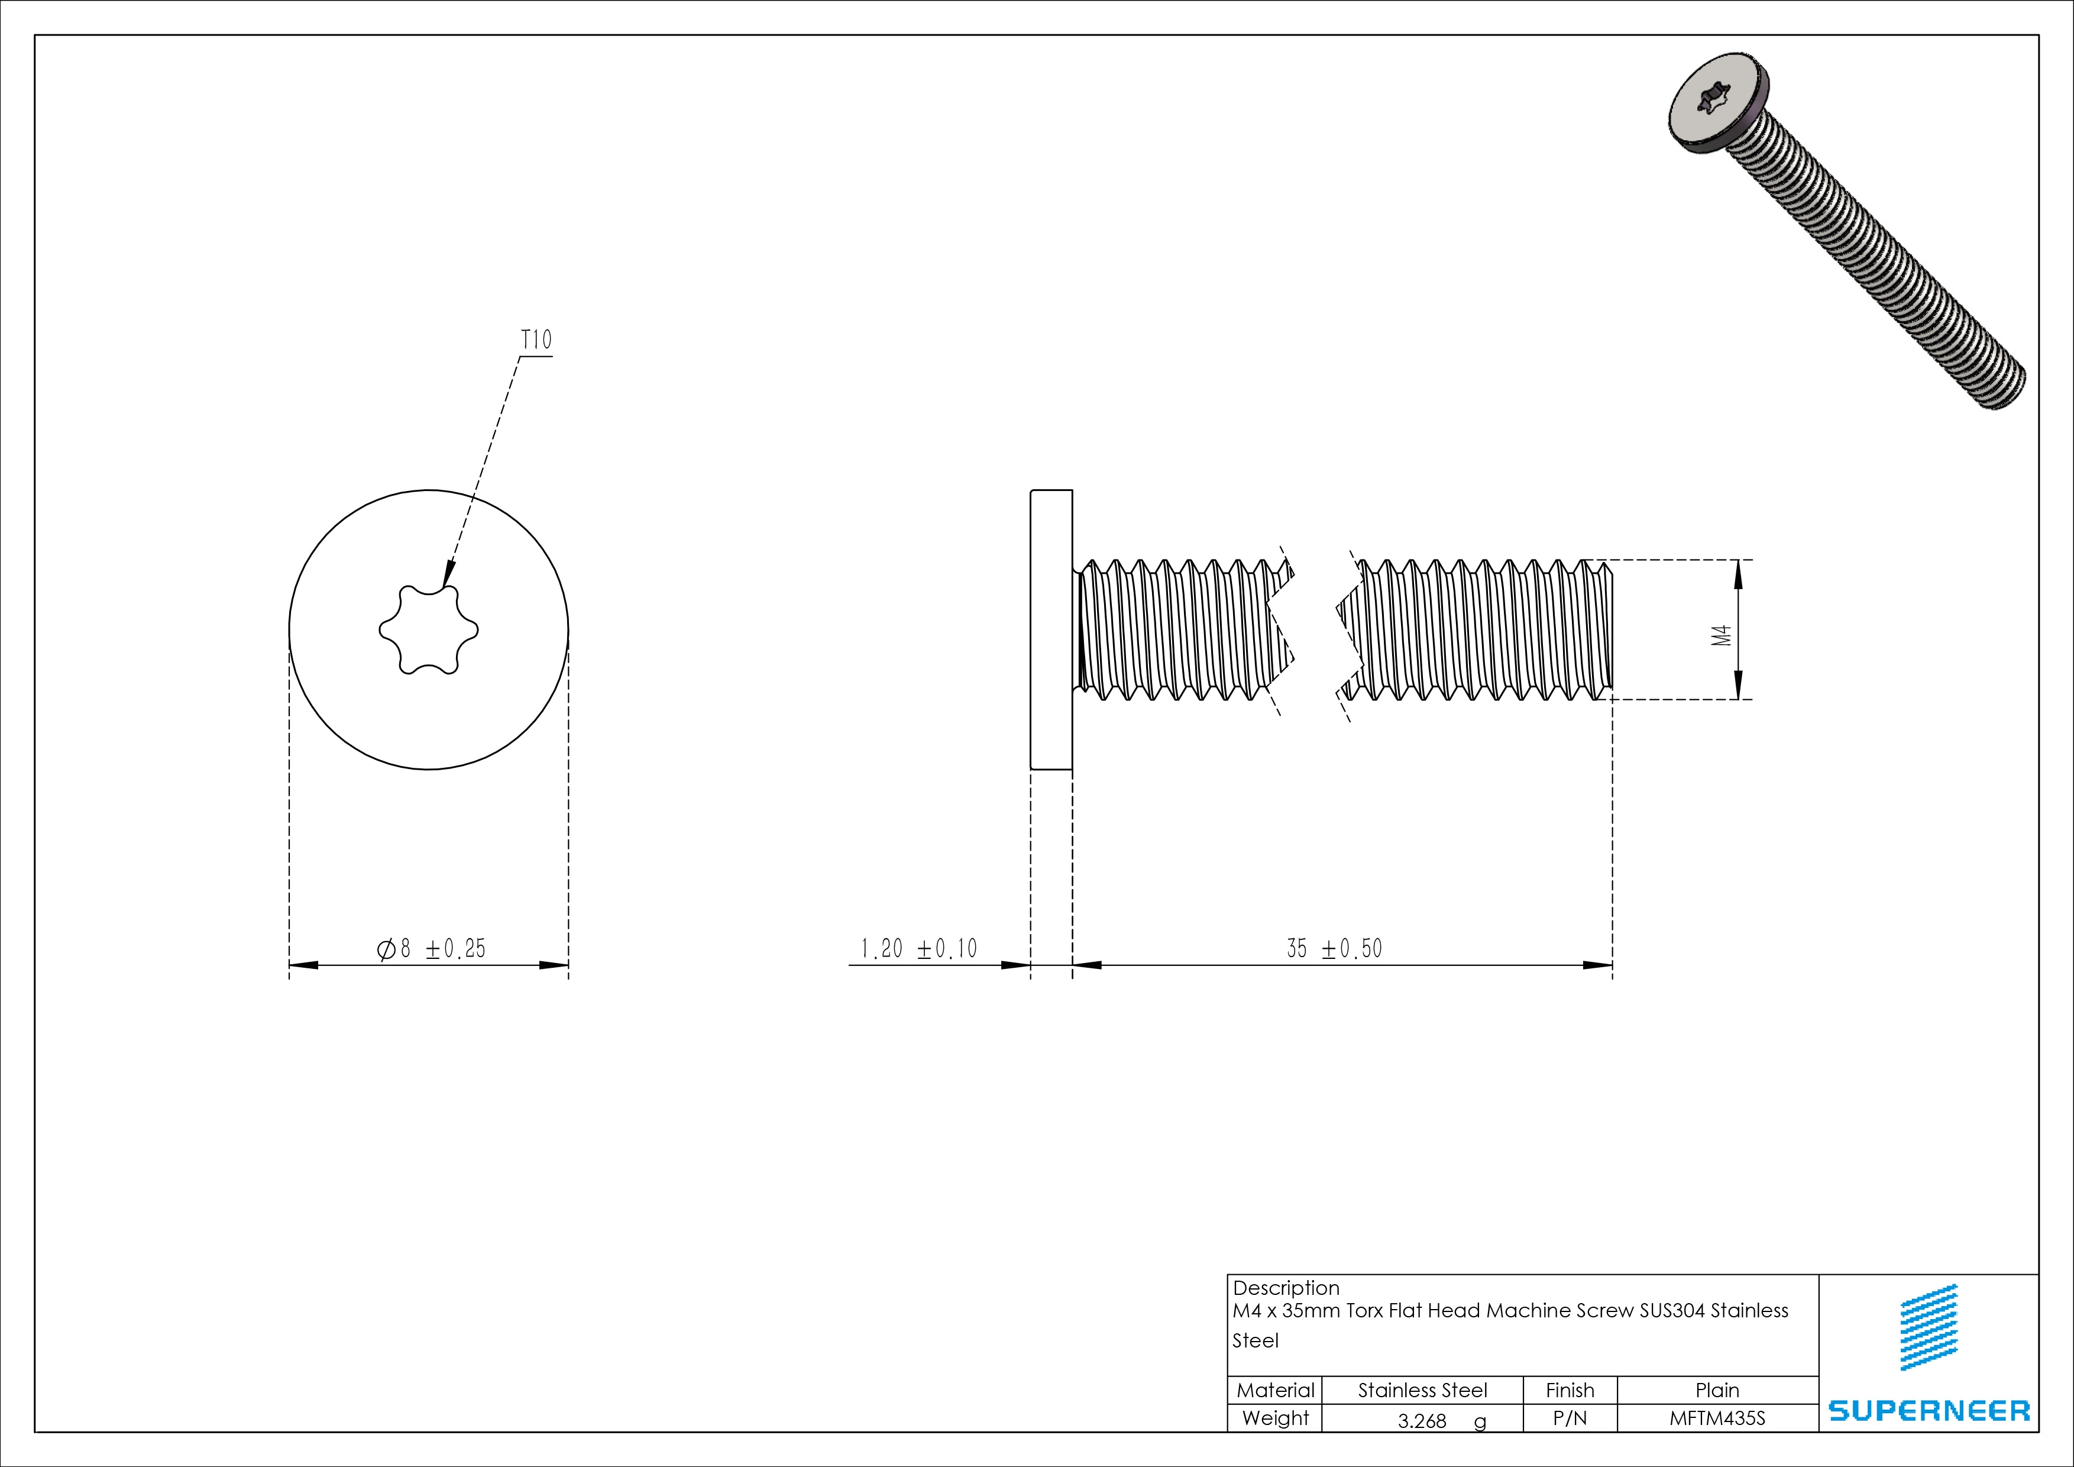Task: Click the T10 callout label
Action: [x=536, y=341]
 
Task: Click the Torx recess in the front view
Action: [x=428, y=629]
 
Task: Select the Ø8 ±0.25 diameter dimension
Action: [x=431, y=949]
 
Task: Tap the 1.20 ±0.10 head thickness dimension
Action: [x=918, y=949]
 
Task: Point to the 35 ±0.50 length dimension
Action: [x=1334, y=949]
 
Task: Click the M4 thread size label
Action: [x=1722, y=635]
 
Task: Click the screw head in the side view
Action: [x=1051, y=629]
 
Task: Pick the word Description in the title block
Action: [x=1286, y=1288]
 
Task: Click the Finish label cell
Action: [x=1570, y=1390]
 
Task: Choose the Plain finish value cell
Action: [x=1717, y=1390]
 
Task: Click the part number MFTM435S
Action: [x=1717, y=1419]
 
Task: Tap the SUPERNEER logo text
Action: [x=1929, y=1411]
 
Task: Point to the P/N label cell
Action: [x=1570, y=1419]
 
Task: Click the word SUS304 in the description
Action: [x=1673, y=1311]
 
